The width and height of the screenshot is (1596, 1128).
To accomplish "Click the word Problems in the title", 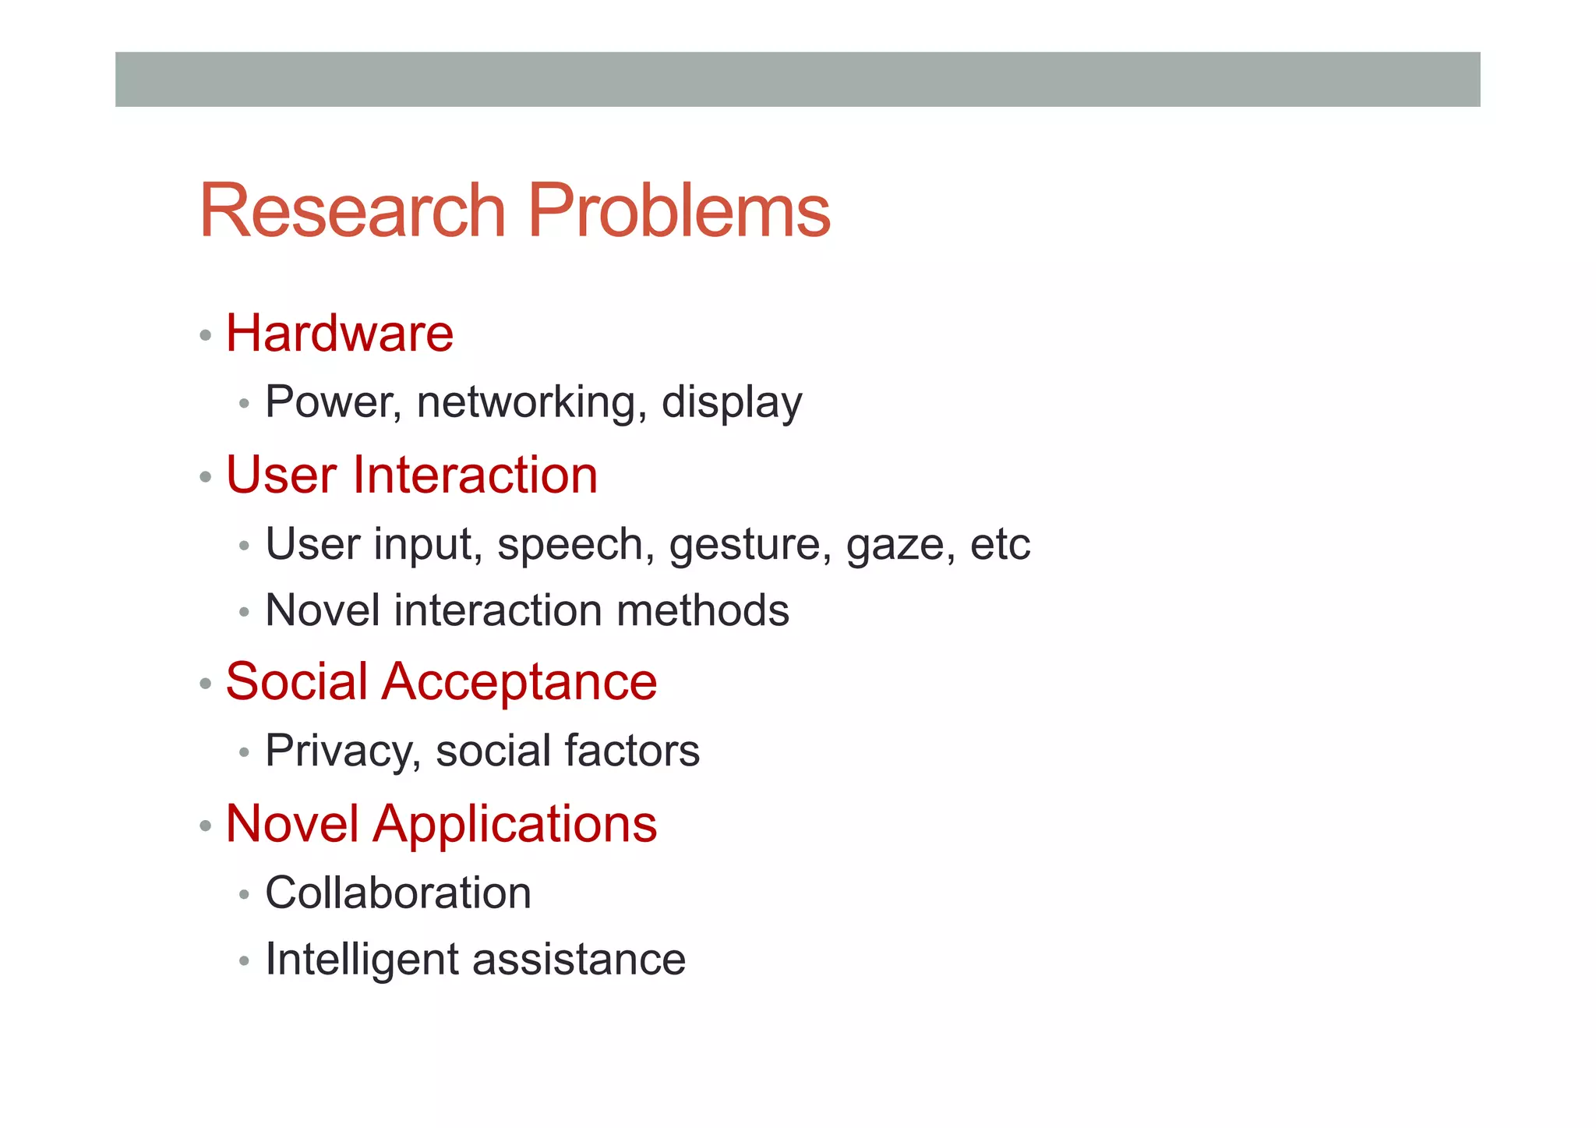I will click(x=679, y=212).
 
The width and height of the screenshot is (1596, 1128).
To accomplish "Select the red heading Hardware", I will click(x=340, y=334).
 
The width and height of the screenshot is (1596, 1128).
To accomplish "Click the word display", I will click(x=731, y=404).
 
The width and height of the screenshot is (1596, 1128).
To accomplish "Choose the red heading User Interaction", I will click(x=411, y=475).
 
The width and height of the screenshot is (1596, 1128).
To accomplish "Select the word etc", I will click(x=1000, y=544).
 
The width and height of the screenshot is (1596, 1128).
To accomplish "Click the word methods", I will click(x=702, y=610).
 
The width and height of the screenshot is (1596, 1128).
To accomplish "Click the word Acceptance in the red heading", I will click(x=519, y=682).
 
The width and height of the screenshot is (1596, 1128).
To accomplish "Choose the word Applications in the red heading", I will click(x=515, y=825).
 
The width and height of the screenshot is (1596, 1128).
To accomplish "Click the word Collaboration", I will click(x=398, y=893).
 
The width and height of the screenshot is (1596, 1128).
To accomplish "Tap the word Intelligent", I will click(x=362, y=960).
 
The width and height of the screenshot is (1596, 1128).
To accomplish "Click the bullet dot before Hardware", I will click(x=206, y=336).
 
